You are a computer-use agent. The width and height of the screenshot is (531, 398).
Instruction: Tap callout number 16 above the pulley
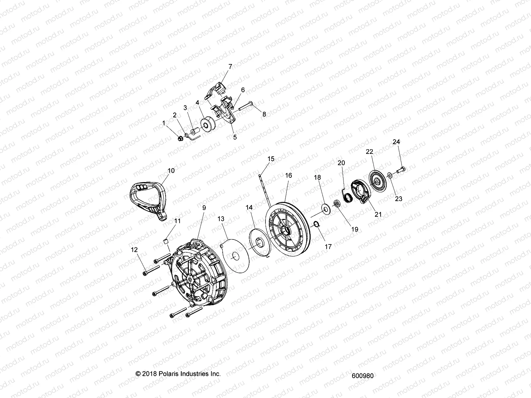288,175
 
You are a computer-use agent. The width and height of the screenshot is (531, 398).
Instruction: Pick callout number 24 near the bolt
396,142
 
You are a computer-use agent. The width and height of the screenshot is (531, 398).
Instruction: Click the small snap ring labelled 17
317,224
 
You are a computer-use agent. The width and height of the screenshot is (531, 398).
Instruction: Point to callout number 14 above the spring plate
249,207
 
